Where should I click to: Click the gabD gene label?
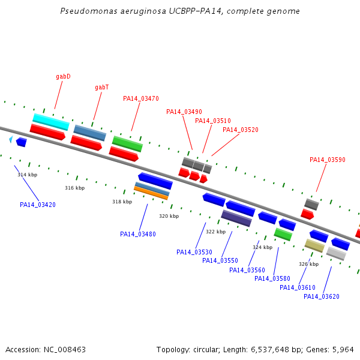click(63, 76)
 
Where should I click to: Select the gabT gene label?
click(102, 88)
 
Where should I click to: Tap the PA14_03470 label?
click(141, 98)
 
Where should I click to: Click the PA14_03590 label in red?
click(328, 160)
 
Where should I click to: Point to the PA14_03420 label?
click(38, 205)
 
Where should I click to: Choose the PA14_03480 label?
click(138, 234)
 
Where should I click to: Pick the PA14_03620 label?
click(322, 296)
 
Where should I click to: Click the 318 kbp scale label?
click(122, 202)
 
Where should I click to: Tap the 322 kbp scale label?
click(216, 232)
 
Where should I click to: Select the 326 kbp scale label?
click(309, 264)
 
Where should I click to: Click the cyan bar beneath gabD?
click(51, 122)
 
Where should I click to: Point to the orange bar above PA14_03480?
click(151, 193)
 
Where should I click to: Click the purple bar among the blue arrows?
click(236, 218)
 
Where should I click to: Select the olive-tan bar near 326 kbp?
click(314, 245)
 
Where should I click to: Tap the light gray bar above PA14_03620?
click(336, 253)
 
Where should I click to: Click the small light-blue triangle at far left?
click(11, 139)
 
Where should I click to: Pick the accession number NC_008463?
click(65, 350)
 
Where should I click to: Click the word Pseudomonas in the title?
click(89, 11)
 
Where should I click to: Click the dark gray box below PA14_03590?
click(311, 205)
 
